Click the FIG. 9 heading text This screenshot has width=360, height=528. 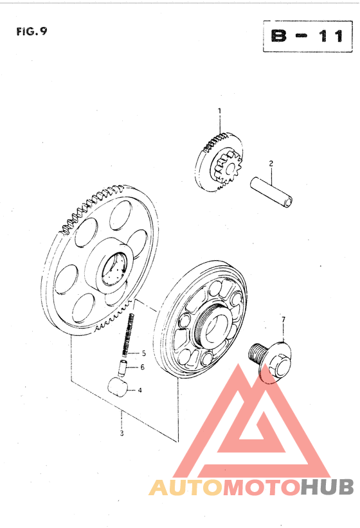(32, 31)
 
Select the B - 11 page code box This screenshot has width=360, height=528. (307, 36)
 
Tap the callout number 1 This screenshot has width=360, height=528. (219, 110)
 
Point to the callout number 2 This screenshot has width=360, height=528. (271, 164)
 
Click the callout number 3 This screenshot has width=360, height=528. (122, 433)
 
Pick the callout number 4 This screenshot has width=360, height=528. (139, 391)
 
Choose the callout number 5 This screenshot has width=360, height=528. (144, 353)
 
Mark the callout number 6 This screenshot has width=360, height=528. (143, 367)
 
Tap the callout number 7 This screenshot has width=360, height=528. (283, 319)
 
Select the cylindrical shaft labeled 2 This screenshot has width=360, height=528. (271, 193)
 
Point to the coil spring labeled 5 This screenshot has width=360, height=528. (128, 334)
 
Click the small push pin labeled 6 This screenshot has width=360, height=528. (122, 367)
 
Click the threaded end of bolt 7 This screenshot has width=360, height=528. (256, 352)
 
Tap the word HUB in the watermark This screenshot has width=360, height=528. (327, 487)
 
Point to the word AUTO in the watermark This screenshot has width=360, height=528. (185, 488)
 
